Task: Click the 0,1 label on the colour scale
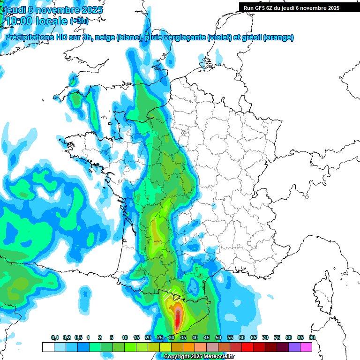pyautogui.click(x=54, y=338)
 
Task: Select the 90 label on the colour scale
pyautogui.click(x=312, y=338)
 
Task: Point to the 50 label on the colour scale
pyautogui.click(x=218, y=338)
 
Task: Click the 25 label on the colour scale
pyautogui.click(x=160, y=338)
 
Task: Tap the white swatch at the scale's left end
pyautogui.click(x=48, y=347)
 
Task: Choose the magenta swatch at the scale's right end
pyautogui.click(x=306, y=347)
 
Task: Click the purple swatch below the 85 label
pyautogui.click(x=294, y=347)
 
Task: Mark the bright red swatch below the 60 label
pyautogui.click(x=247, y=347)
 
